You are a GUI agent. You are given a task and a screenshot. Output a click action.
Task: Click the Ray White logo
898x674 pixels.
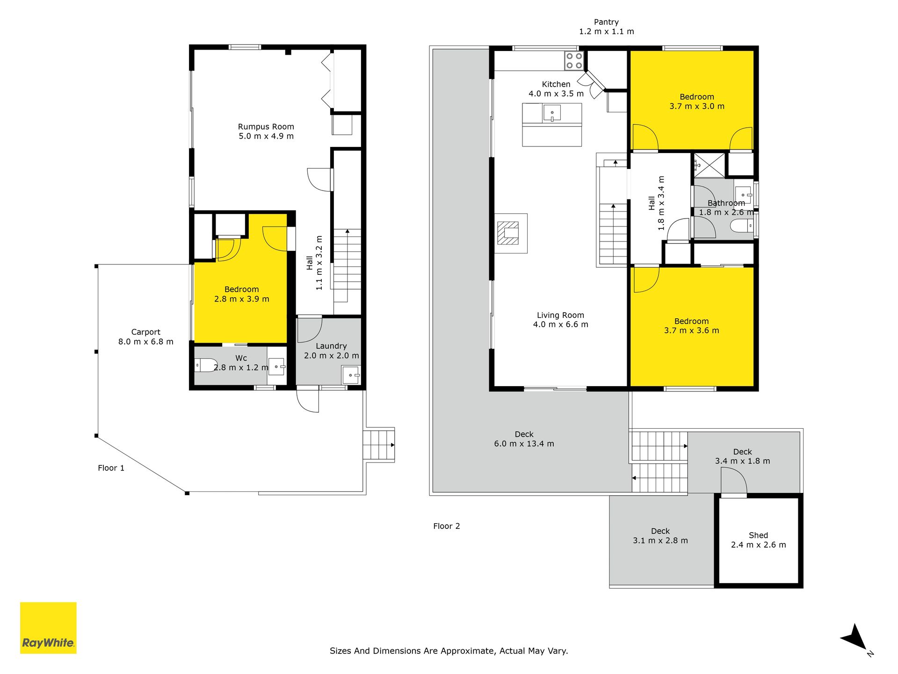pyautogui.click(x=48, y=628)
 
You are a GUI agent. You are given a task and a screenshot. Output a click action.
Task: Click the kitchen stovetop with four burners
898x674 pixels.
pyautogui.click(x=574, y=60)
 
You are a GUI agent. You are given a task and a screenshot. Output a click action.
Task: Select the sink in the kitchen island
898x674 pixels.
pyautogui.click(x=552, y=113)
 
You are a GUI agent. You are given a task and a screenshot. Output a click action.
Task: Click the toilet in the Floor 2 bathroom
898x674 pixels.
pyautogui.click(x=741, y=226)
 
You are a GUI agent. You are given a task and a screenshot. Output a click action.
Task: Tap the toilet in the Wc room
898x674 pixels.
pyautogui.click(x=206, y=365)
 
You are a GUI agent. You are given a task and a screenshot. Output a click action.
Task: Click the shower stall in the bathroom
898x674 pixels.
pyautogui.click(x=709, y=165)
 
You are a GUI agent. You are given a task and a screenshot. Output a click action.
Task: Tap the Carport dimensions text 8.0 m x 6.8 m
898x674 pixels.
pyautogui.click(x=146, y=342)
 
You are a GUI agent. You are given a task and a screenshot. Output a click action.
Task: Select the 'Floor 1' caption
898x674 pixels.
pyautogui.click(x=111, y=468)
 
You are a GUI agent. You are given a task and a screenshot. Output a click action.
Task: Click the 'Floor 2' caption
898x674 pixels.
pyautogui.click(x=447, y=526)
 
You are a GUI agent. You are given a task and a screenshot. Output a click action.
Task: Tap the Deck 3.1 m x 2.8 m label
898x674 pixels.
pyautogui.click(x=660, y=536)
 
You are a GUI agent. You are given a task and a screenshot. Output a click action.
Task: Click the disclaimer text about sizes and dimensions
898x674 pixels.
pyautogui.click(x=449, y=651)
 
